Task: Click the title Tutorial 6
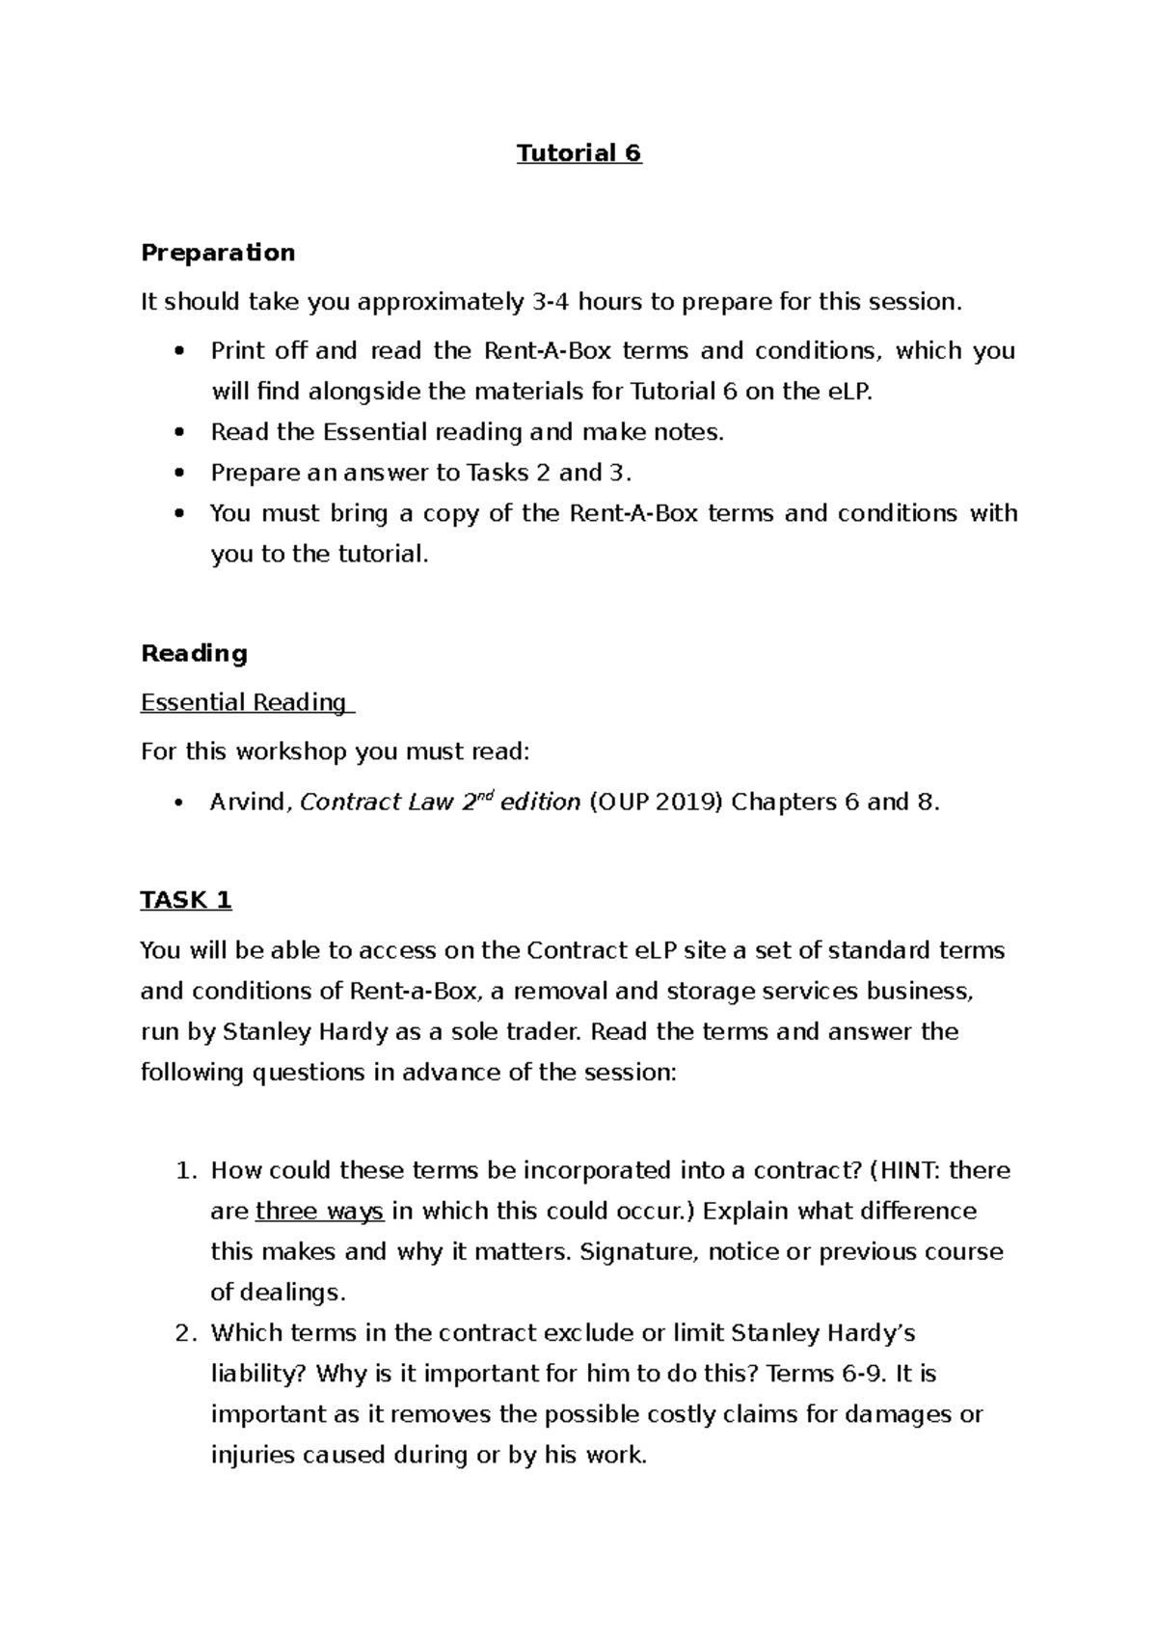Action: (x=578, y=153)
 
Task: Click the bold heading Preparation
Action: (x=218, y=253)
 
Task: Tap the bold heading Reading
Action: (x=194, y=653)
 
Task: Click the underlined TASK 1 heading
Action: (x=186, y=900)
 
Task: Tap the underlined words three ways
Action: (x=319, y=1212)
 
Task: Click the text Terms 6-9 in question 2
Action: (x=823, y=1374)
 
